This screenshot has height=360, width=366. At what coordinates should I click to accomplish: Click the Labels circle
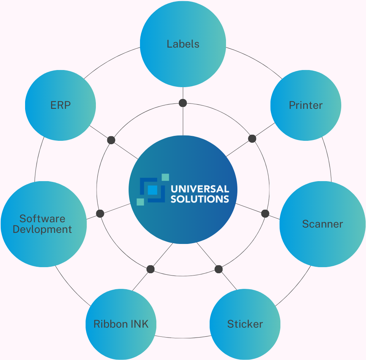pos(183,44)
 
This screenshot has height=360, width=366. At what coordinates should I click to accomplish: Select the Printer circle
pos(306,105)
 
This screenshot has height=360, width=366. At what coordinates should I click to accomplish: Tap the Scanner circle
pos(323,224)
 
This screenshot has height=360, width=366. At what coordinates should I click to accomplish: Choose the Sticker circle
pos(245,324)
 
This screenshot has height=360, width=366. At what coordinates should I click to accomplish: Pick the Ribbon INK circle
pos(121,324)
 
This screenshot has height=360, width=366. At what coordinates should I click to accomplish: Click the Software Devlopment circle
pos(43,224)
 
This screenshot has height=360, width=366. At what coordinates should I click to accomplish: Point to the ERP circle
pos(60,105)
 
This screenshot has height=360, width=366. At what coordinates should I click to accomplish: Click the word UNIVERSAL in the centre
pos(200,189)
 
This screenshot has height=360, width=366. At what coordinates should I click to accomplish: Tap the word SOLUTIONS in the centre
pos(200,199)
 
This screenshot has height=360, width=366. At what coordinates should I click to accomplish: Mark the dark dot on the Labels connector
pos(183,103)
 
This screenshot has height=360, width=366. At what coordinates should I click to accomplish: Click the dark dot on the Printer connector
pos(252,139)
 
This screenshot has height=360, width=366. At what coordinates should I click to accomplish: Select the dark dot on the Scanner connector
pos(265,213)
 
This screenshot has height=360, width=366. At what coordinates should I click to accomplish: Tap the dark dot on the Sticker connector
pos(218,269)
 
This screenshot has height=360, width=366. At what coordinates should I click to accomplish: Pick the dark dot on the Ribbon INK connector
pos(151,269)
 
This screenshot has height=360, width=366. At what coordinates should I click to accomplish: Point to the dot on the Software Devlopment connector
pos(100,213)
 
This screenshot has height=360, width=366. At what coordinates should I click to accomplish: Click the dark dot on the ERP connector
pos(111,140)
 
